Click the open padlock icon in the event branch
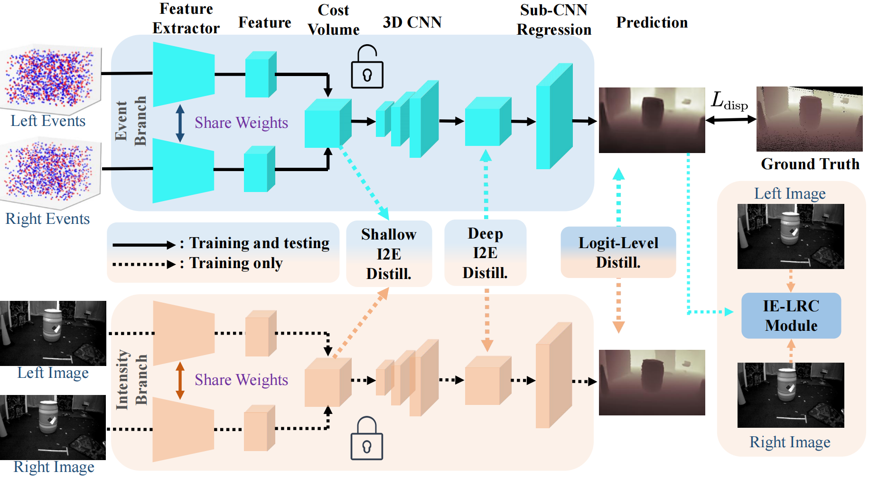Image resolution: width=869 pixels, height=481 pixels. [x=367, y=67]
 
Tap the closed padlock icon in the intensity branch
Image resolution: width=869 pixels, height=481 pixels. [x=366, y=439]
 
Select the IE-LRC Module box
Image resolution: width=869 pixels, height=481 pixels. [x=791, y=316]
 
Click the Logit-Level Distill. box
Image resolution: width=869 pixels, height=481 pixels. [x=618, y=252]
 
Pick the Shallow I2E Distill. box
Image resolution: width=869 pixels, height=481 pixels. [x=389, y=254]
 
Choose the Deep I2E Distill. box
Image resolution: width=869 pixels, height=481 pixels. [x=485, y=253]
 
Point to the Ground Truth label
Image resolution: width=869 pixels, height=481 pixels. [x=810, y=164]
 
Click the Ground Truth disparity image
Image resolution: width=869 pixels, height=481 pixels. [x=809, y=119]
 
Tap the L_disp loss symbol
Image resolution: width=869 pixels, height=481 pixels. [x=729, y=101]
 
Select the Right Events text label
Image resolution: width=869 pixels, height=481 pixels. [x=47, y=219]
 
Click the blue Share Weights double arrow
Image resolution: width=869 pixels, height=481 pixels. [x=180, y=123]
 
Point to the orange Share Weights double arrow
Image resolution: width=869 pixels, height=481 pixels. [x=180, y=380]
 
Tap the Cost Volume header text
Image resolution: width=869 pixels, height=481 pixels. [x=333, y=19]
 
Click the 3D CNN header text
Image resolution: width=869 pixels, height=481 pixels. [x=412, y=22]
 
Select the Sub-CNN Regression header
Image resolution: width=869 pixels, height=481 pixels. [x=554, y=19]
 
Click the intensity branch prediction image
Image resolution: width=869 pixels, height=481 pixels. [x=652, y=383]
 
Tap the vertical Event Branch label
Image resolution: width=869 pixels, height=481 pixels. [x=131, y=121]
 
